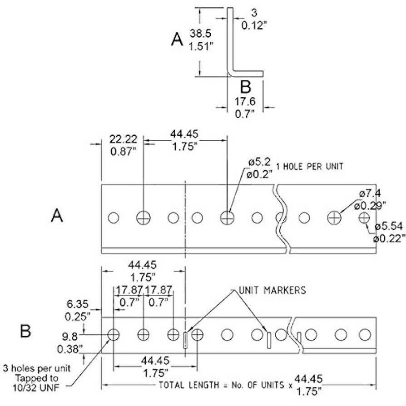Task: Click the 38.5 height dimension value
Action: [200, 34]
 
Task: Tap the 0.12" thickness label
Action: [254, 25]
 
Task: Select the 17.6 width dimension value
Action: [245, 101]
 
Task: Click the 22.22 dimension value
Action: [123, 139]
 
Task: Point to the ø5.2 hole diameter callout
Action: [259, 162]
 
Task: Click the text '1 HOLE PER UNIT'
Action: [310, 166]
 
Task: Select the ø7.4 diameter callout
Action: [370, 193]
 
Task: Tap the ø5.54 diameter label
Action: [389, 226]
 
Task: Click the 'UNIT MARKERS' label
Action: [272, 290]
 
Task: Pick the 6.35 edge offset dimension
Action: [77, 304]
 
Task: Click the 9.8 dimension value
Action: [69, 337]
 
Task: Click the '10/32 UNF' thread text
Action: [36, 388]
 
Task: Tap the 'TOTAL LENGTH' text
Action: [189, 385]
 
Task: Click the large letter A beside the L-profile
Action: [177, 39]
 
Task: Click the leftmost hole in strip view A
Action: [114, 218]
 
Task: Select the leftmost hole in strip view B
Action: [114, 335]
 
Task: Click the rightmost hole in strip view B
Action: [365, 335]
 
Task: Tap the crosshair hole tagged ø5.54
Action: [364, 218]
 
